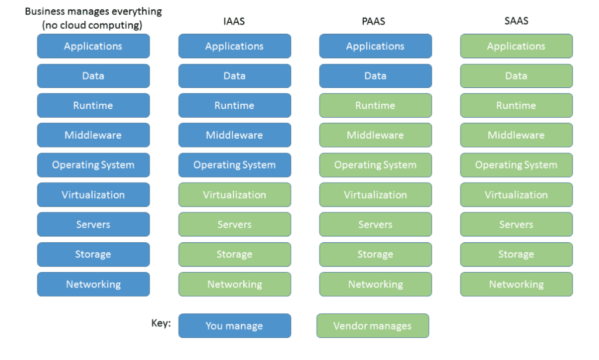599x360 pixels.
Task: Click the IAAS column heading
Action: click(x=234, y=21)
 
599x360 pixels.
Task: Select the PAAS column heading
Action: click(x=373, y=21)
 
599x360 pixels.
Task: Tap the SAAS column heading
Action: click(x=516, y=20)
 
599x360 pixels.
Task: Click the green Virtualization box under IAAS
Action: click(x=235, y=194)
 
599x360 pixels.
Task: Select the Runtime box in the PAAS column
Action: click(x=376, y=105)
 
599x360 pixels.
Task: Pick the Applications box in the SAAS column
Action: click(x=516, y=46)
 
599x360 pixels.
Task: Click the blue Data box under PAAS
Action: click(x=376, y=76)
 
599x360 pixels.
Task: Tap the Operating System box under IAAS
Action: click(x=235, y=164)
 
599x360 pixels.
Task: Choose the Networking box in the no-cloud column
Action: click(x=94, y=284)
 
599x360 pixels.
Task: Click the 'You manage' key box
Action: click(x=235, y=325)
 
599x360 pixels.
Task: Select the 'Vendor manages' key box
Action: click(x=373, y=325)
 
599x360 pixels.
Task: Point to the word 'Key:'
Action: click(x=161, y=323)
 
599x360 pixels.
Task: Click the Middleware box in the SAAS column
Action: click(x=516, y=135)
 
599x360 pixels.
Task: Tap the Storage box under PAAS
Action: click(x=376, y=254)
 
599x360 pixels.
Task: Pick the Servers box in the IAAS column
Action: click(x=235, y=224)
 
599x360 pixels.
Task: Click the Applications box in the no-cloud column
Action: click(x=94, y=46)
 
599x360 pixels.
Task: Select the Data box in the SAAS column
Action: click(x=516, y=76)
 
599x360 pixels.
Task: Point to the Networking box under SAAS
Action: click(x=516, y=284)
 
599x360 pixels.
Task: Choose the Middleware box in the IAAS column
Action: click(x=235, y=135)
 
